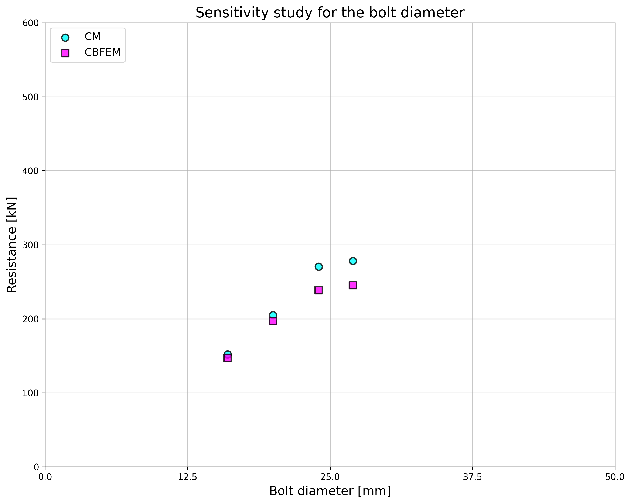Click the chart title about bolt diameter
coord(330,13)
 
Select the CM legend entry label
coord(92,37)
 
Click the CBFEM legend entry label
coord(102,53)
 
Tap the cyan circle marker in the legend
coord(65,37)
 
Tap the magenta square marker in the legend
coord(65,53)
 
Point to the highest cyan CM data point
coord(353,261)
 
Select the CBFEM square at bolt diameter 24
coord(319,290)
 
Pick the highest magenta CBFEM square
coord(353,285)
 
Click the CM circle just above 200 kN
coord(273,315)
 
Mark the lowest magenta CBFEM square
coord(227,358)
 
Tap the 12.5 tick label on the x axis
coord(188,477)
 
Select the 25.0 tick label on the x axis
coord(330,477)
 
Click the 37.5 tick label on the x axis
coord(472,477)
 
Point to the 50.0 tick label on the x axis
coord(615,477)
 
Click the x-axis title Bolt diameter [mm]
coord(330,491)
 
